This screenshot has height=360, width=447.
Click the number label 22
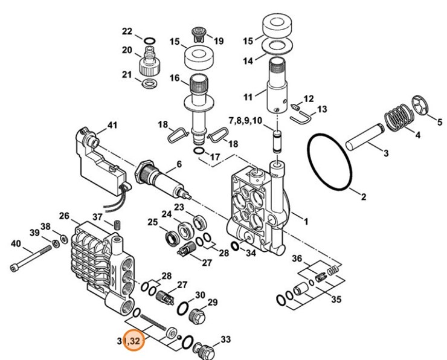(127, 31)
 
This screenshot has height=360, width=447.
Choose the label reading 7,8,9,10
(245, 121)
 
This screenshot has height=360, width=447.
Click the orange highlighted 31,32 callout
(132, 341)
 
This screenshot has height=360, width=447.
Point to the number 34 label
(250, 252)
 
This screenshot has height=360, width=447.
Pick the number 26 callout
(65, 216)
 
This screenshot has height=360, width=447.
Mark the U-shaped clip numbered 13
(301, 116)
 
